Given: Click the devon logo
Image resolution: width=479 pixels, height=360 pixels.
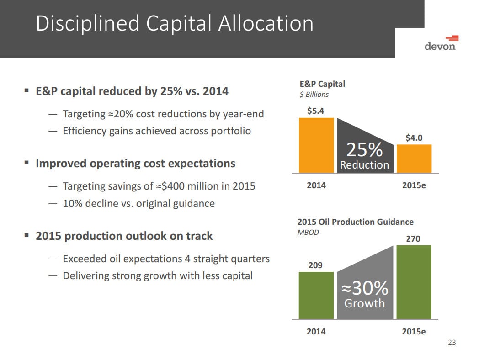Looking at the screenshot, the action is click(x=441, y=43).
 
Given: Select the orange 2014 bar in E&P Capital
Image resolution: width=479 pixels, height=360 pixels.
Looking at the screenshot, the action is click(x=316, y=145).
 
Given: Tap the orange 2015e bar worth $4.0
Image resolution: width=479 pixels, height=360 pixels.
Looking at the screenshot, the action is click(x=414, y=159).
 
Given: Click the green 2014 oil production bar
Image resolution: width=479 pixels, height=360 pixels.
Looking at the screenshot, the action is click(x=316, y=296).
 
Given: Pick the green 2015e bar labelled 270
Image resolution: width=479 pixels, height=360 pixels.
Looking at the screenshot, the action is click(x=414, y=282).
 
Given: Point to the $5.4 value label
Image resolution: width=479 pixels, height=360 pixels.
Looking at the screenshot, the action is click(x=315, y=111).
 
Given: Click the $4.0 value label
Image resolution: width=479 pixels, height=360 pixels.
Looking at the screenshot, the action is click(x=414, y=138).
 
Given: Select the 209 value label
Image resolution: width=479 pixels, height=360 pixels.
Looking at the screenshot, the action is click(x=315, y=265).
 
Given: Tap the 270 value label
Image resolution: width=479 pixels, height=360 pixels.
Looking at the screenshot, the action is click(x=413, y=238).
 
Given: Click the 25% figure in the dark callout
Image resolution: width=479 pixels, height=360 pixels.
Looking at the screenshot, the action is click(x=364, y=149).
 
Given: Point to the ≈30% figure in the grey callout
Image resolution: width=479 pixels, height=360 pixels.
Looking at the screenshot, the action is click(x=365, y=288).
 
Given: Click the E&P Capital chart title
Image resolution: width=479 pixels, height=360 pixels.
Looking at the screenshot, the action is click(x=322, y=84).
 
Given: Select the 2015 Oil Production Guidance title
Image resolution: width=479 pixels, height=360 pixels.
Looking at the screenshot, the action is click(x=355, y=222).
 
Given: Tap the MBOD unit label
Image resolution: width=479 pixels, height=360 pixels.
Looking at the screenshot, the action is click(x=308, y=233).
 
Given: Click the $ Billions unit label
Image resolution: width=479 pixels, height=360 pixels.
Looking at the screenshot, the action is click(x=314, y=95).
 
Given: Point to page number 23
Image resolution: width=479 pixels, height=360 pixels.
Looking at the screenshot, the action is click(x=452, y=343).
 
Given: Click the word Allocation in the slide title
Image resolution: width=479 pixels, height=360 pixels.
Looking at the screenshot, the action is click(x=266, y=23).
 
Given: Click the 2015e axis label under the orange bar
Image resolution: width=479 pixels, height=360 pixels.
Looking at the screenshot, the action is click(x=414, y=185).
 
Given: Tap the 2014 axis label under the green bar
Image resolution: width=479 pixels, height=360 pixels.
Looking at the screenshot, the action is click(x=316, y=331).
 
